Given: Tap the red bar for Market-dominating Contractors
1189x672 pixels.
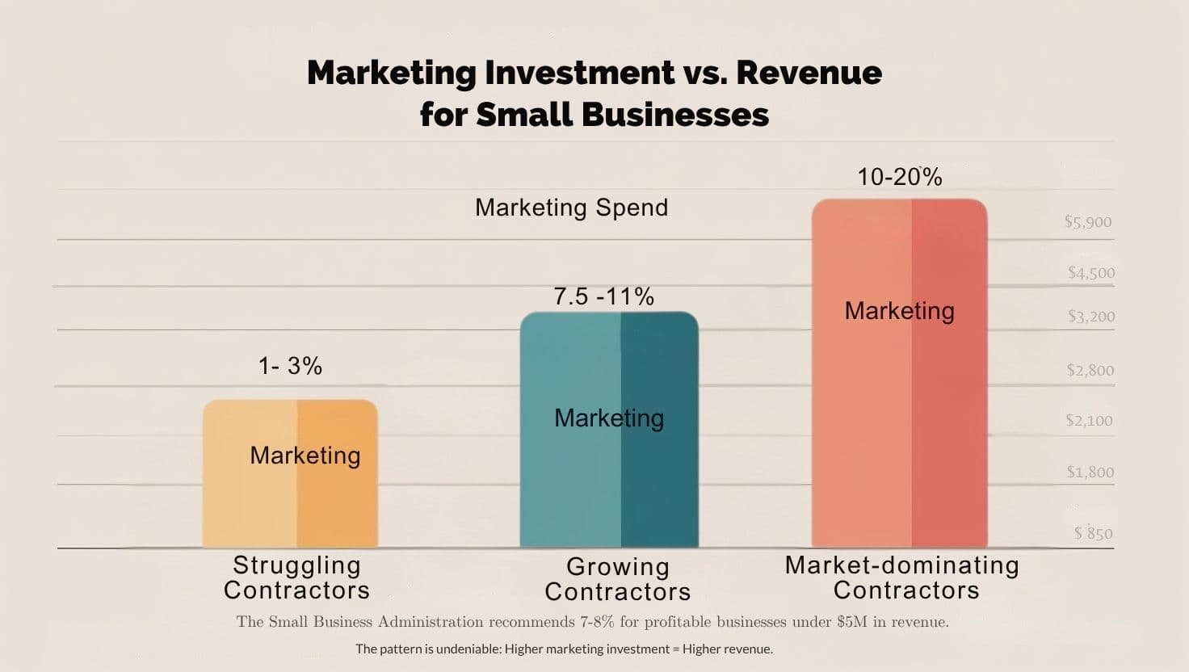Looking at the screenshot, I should [899, 420].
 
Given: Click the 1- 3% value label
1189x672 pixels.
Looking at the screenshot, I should [290, 367].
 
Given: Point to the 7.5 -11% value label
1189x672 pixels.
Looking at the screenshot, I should [603, 296].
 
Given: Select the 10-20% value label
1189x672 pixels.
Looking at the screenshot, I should [899, 178].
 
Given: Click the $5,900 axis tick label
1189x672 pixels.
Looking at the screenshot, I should [1088, 222].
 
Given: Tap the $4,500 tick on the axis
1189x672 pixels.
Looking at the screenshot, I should [1090, 273].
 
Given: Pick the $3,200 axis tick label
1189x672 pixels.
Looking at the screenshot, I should [1090, 317].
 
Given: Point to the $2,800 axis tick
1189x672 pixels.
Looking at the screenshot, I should [1090, 371].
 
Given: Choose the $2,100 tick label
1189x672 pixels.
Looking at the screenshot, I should [1089, 421].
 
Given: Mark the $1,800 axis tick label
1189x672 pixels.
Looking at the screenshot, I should [1090, 472].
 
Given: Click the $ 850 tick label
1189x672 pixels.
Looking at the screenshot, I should [1093, 533].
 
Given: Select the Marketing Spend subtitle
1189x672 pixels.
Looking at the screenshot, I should [571, 208].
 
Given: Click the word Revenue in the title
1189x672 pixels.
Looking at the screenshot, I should [809, 73].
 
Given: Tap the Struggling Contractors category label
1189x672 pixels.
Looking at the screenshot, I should [296, 577].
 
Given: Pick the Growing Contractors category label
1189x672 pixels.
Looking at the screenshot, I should [618, 579].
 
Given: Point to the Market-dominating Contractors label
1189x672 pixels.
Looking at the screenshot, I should [902, 577].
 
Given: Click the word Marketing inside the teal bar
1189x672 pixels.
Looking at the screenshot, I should [609, 418].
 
